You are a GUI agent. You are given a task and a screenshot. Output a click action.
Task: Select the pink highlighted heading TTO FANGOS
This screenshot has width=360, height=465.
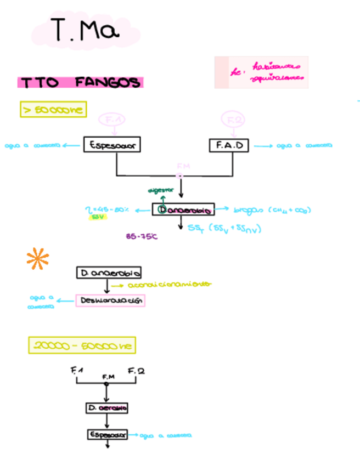[80, 83]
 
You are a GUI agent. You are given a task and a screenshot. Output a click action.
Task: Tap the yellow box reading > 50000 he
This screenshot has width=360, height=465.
[53, 110]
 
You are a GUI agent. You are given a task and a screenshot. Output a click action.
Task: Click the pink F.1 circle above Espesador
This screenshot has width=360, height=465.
[113, 120]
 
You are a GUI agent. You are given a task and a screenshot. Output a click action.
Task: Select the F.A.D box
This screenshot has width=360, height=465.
[229, 146]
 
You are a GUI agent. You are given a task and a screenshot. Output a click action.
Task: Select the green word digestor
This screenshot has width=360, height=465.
[161, 190]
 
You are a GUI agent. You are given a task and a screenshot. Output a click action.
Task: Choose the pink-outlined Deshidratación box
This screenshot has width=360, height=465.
[110, 301]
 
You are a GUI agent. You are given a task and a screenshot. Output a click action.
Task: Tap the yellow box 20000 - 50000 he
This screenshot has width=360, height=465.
[82, 345]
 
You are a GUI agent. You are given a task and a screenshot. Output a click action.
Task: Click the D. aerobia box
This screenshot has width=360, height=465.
[107, 408]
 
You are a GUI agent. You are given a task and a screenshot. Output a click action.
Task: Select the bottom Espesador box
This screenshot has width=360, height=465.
[107, 435]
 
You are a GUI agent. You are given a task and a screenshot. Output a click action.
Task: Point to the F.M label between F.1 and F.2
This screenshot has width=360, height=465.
[108, 377]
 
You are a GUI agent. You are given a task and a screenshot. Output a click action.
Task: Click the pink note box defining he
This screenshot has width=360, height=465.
[261, 72]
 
